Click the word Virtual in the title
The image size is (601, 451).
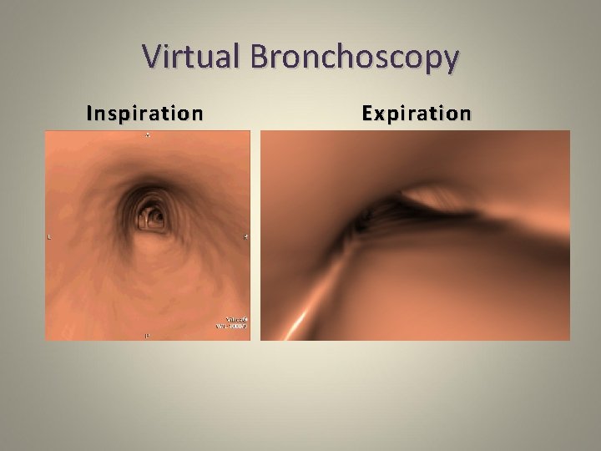[190, 57]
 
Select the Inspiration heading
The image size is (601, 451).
[144, 113]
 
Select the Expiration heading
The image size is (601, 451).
[417, 113]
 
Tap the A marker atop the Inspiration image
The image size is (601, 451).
[148, 135]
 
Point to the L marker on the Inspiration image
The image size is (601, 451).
[49, 237]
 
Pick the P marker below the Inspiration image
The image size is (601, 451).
[148, 336]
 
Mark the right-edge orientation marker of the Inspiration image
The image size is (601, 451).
[246, 237]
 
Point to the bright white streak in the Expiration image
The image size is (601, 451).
[297, 322]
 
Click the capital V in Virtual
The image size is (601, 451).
[154, 57]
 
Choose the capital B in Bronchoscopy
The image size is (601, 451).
[258, 57]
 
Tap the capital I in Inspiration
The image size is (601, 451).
[90, 113]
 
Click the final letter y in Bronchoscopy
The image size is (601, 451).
[450, 60]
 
